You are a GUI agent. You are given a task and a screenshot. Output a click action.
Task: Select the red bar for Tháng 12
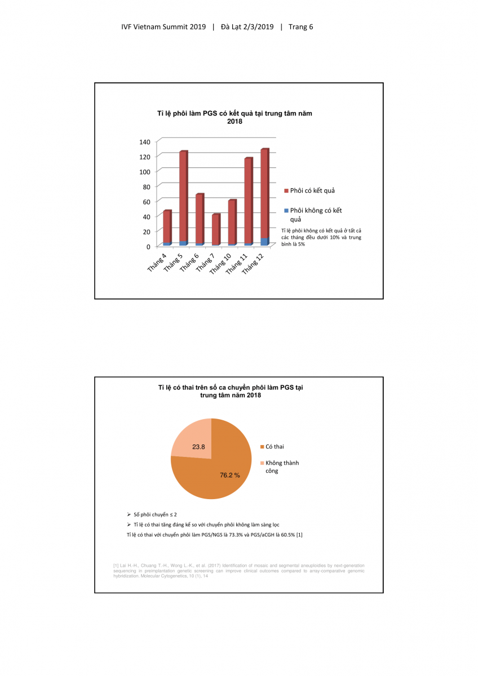pyautogui.click(x=264, y=192)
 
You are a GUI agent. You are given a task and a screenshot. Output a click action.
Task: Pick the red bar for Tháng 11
pyautogui.click(x=248, y=200)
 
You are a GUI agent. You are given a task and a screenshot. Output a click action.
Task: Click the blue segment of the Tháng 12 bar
pyautogui.click(x=264, y=242)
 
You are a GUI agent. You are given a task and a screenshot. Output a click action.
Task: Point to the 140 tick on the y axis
pyautogui.click(x=145, y=141)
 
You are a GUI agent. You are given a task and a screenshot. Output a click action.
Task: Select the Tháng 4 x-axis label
pyautogui.click(x=157, y=263)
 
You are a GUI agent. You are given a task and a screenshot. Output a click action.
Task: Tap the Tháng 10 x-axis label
pyautogui.click(x=220, y=264)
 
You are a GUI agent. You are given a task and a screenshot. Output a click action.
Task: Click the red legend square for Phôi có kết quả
pyautogui.click(x=286, y=190)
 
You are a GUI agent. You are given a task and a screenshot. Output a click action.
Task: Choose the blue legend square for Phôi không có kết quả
pyautogui.click(x=286, y=211)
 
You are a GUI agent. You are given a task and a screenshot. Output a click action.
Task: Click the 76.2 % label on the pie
pyautogui.click(x=229, y=475)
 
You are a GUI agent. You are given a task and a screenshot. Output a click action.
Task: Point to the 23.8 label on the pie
pyautogui.click(x=198, y=447)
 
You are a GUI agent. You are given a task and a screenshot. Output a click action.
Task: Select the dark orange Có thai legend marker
pyautogui.click(x=262, y=447)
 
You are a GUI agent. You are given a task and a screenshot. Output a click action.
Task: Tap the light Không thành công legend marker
pyautogui.click(x=262, y=463)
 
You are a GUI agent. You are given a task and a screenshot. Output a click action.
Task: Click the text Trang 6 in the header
pyautogui.click(x=300, y=26)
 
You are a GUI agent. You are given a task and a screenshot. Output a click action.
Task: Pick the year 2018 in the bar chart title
pyautogui.click(x=234, y=121)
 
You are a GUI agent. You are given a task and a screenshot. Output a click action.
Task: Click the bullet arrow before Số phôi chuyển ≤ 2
pyautogui.click(x=129, y=515)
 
